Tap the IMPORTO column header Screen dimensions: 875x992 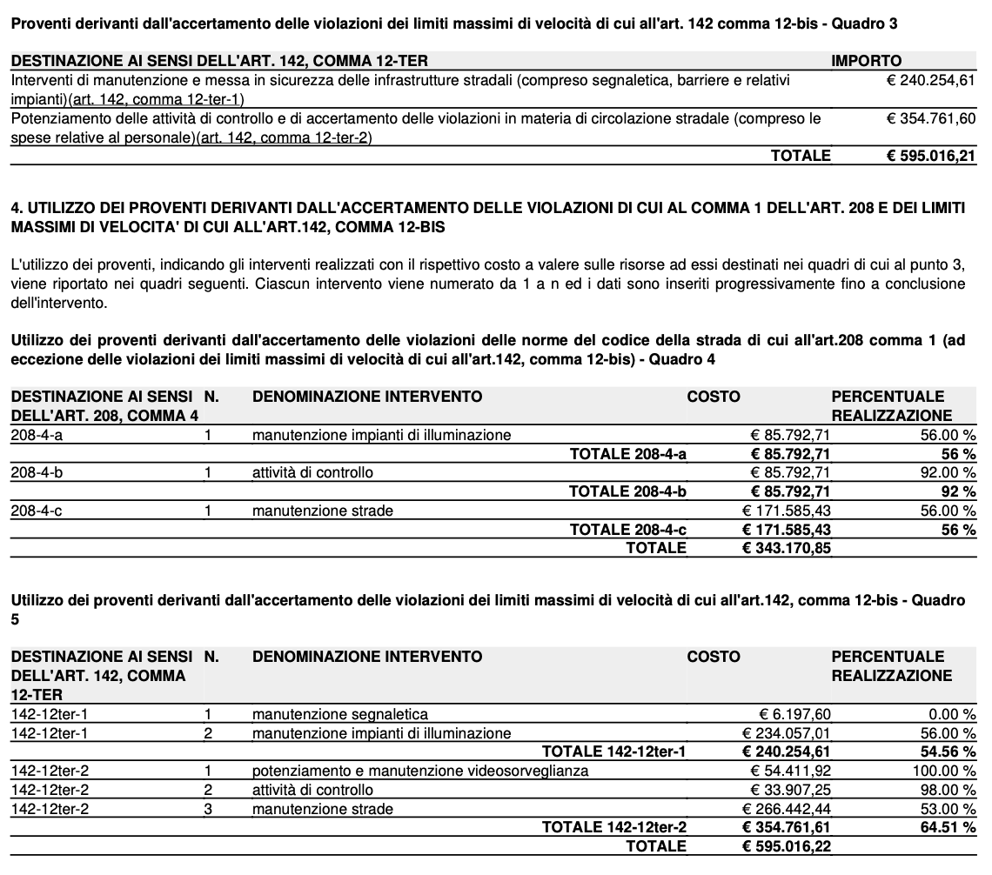[x=867, y=61]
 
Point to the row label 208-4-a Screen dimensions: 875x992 [x=37, y=435]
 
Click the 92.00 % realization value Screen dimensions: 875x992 [x=948, y=472]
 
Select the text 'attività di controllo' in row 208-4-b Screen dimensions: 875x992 [x=312, y=472]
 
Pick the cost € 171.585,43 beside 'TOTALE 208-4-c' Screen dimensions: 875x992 [x=786, y=530]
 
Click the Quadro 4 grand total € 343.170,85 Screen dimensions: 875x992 [x=786, y=548]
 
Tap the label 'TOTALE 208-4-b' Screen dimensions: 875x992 [x=627, y=491]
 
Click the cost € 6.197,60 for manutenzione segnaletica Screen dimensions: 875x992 [x=797, y=714]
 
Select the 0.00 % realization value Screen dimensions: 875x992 [x=952, y=714]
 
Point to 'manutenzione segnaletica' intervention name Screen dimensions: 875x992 [x=339, y=714]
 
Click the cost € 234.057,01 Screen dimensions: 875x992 [x=786, y=733]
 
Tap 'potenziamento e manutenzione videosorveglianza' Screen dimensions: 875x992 [x=420, y=771]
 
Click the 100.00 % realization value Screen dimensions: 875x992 [x=944, y=771]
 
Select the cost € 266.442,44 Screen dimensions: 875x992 [x=786, y=809]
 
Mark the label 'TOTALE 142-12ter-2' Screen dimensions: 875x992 [x=613, y=827]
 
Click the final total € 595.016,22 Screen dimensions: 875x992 [x=786, y=846]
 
